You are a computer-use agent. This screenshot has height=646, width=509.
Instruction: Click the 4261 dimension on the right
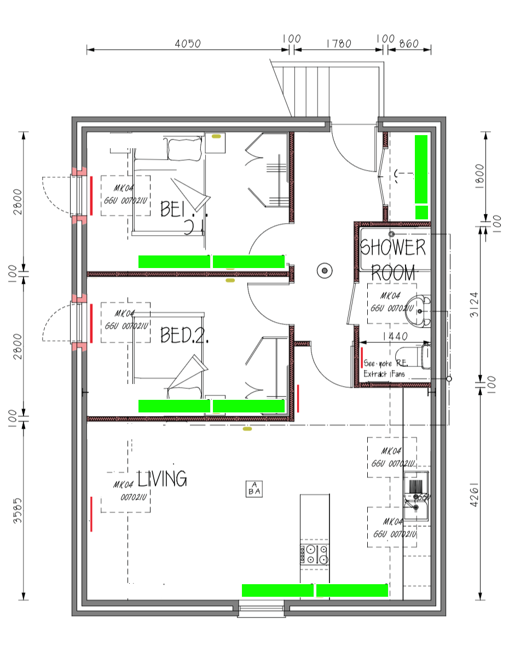pos(475,494)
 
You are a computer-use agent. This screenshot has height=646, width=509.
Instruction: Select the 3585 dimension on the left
pos(18,510)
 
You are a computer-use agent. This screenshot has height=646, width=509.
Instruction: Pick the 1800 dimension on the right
pos(480,176)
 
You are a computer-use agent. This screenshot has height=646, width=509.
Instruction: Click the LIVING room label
pos(162,479)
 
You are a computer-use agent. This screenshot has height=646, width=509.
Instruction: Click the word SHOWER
pos(393,248)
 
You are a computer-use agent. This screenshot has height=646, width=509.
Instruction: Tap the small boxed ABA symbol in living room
pos(255,488)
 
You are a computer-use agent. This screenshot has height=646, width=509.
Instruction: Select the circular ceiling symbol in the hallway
pos(325,270)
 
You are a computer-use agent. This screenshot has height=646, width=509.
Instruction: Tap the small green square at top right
pos(421,212)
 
